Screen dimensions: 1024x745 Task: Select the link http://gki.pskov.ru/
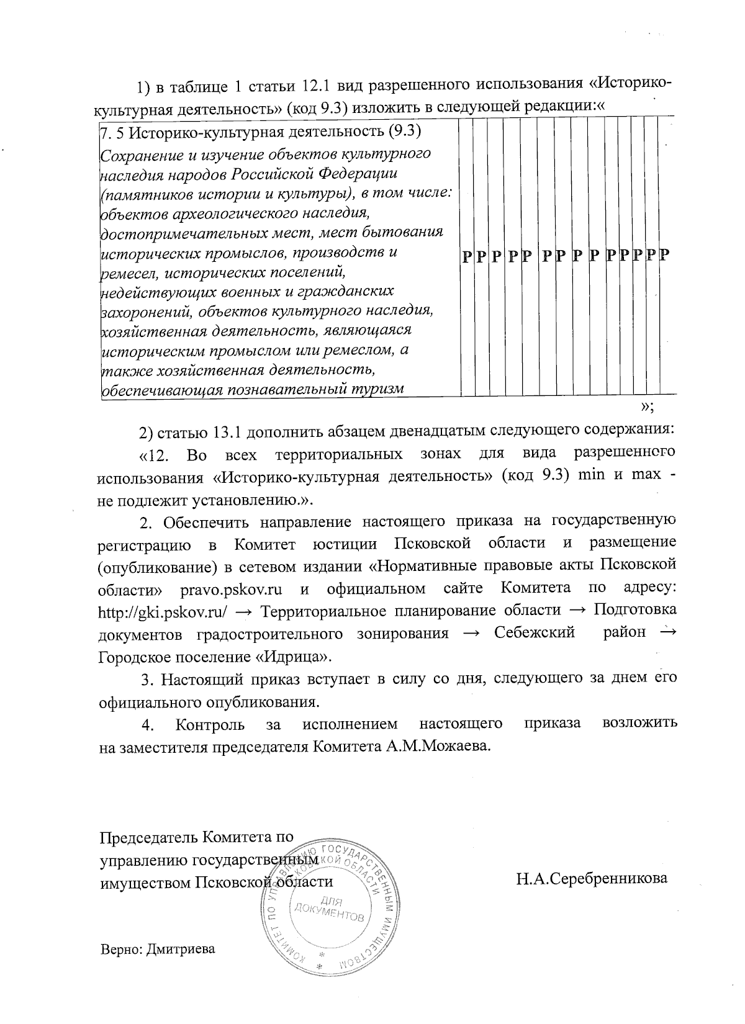[161, 611]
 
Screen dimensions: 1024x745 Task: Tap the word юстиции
[345, 544]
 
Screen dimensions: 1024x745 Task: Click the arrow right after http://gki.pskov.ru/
[244, 611]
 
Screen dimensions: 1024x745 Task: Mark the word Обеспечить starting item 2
[198, 521]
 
